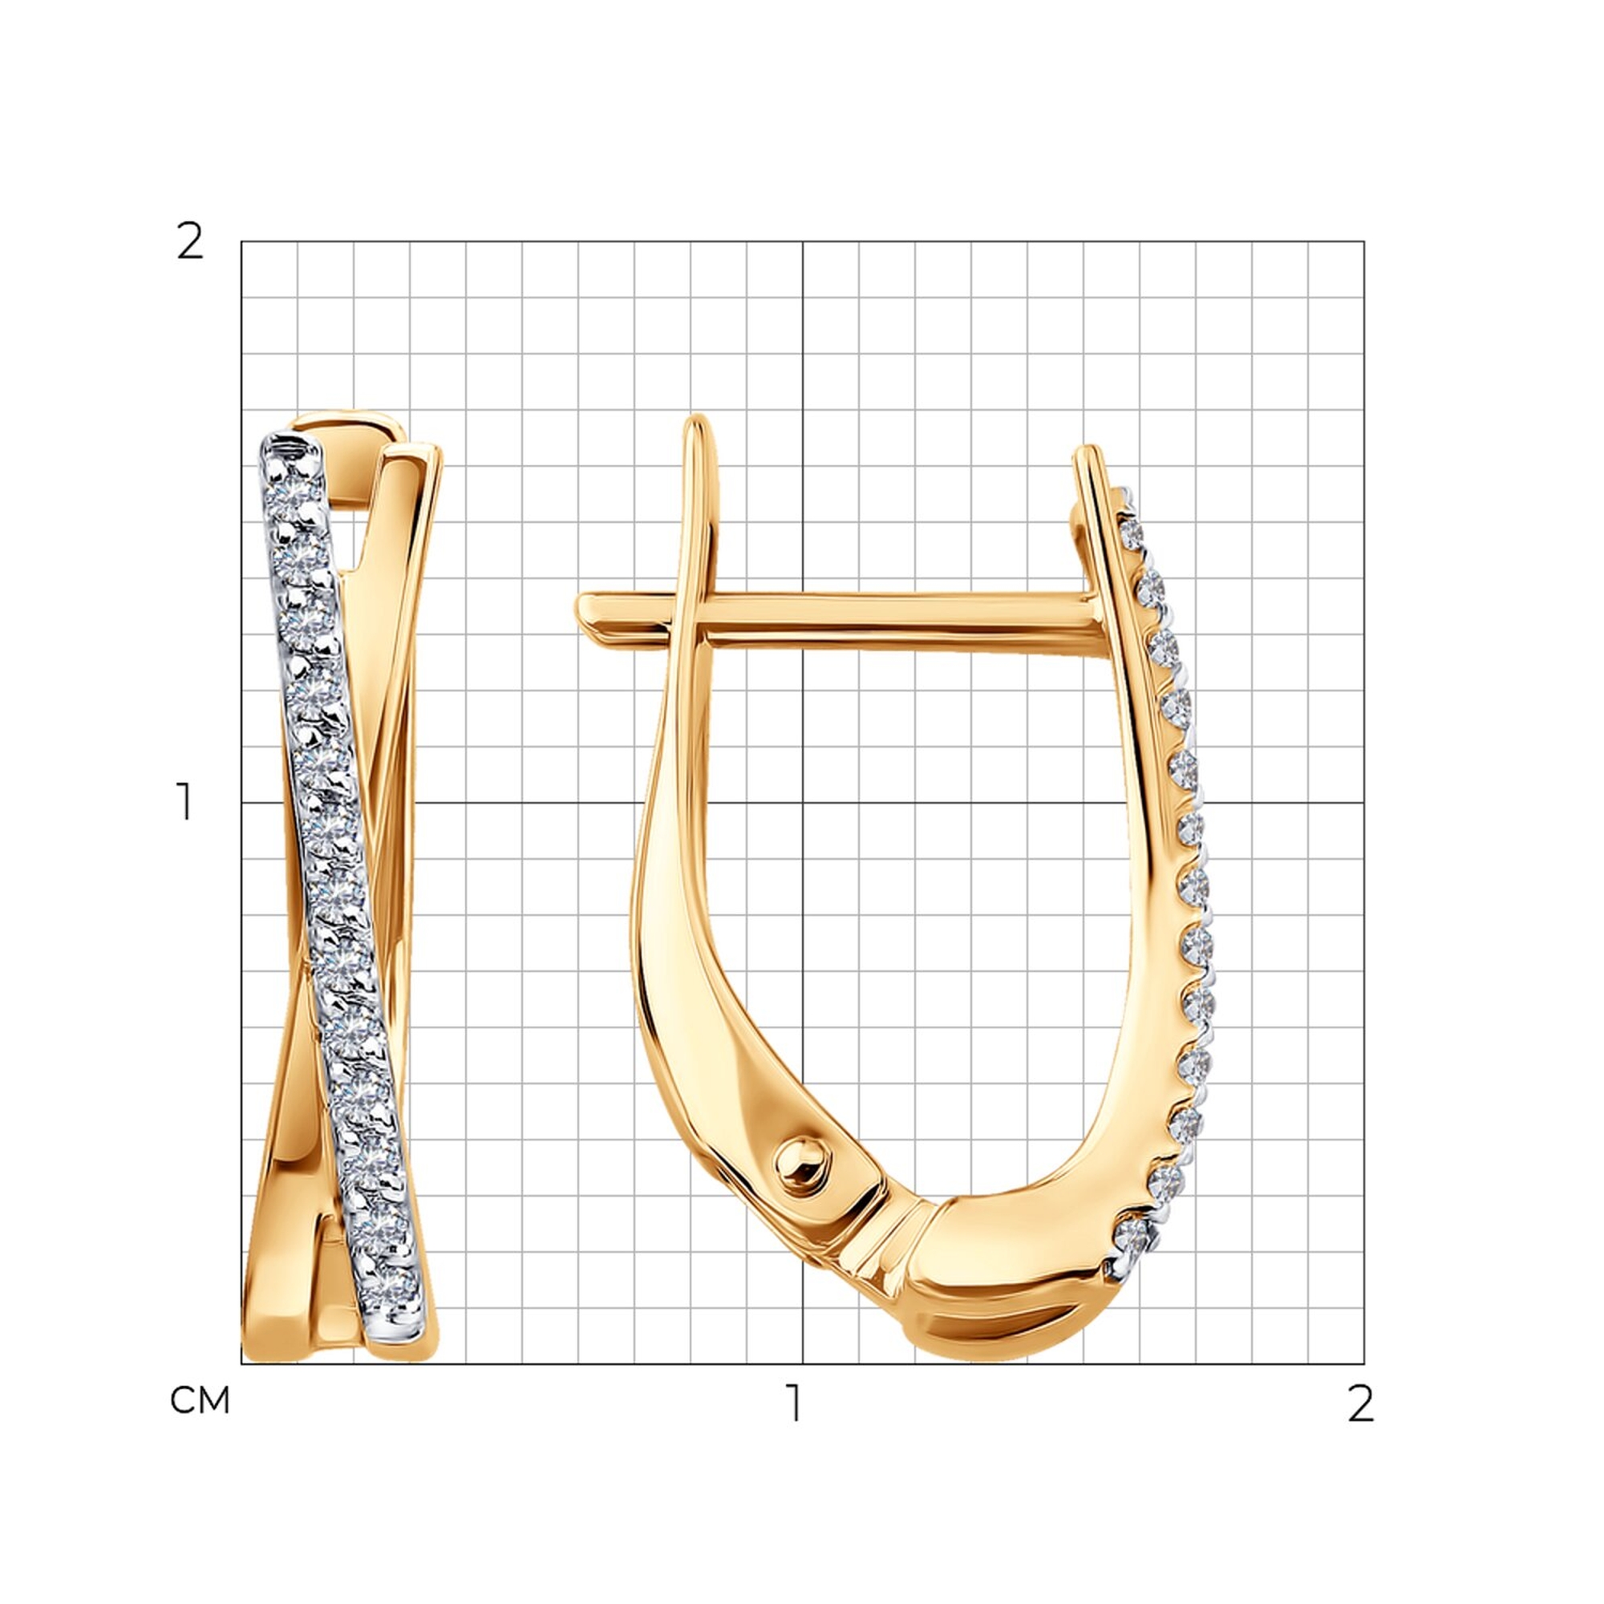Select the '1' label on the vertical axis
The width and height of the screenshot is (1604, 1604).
click(x=185, y=802)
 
